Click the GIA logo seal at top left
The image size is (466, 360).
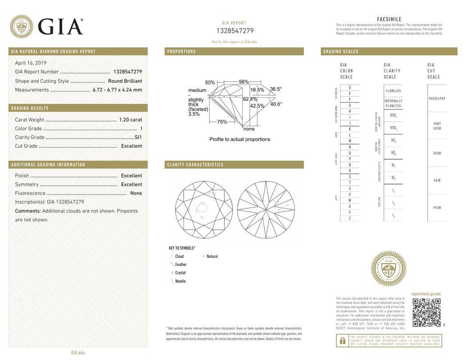click(x=21, y=26)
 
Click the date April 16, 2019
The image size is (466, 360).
click(x=31, y=63)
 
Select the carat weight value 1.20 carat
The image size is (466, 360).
click(x=130, y=120)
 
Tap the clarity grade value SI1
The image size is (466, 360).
click(x=138, y=137)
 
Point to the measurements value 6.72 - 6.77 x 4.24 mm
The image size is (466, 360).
click(x=117, y=90)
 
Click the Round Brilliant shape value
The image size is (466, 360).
click(x=125, y=81)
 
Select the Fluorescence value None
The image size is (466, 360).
click(x=136, y=193)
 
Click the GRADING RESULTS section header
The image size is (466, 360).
click(x=30, y=108)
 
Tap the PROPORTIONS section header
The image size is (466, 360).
click(x=181, y=52)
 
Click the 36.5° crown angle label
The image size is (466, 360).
click(x=276, y=89)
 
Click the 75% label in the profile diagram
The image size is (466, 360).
click(x=222, y=122)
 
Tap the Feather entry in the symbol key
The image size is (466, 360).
click(x=181, y=265)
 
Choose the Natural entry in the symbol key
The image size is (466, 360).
click(x=212, y=256)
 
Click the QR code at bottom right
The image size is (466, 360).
click(x=426, y=312)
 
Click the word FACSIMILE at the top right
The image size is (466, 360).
click(x=389, y=19)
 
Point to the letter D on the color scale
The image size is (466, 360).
click(x=350, y=87)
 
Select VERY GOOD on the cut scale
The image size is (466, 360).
click(x=437, y=126)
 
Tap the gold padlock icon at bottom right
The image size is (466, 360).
click(x=342, y=341)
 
